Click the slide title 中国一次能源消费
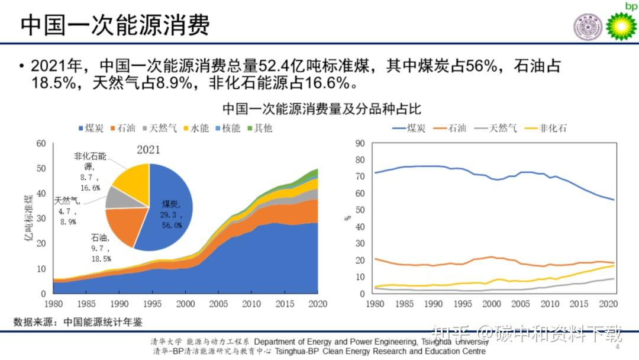115,25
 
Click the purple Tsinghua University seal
587,27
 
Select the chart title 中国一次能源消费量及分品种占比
321,109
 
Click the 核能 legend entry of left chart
225,128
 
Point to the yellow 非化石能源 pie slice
130,177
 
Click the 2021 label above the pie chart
149,150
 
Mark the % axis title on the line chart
348,218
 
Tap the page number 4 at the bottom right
617,347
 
